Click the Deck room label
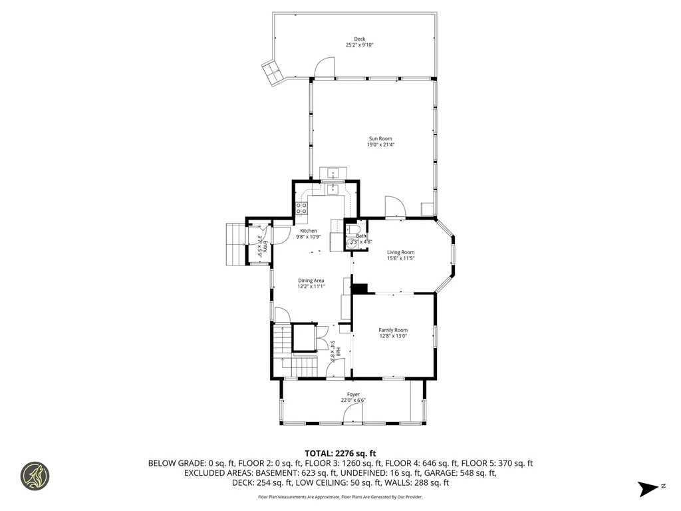(x=359, y=39)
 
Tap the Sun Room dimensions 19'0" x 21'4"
(x=380, y=144)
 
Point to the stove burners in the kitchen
(x=301, y=208)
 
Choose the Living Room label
(x=401, y=252)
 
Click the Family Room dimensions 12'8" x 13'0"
(x=393, y=336)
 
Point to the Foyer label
(x=353, y=395)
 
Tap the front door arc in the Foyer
(x=352, y=415)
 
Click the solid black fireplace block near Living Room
(x=360, y=288)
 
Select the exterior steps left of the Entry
(x=234, y=242)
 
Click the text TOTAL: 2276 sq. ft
(x=340, y=453)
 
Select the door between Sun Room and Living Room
(x=394, y=207)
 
